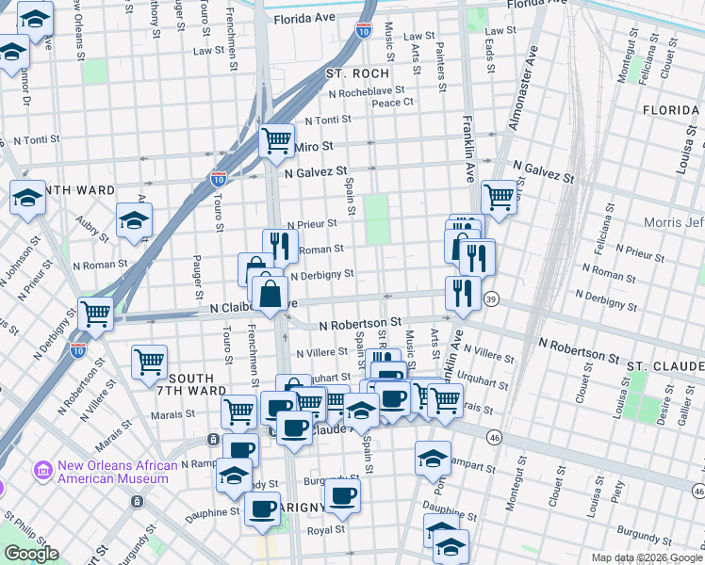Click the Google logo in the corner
tap(30, 554)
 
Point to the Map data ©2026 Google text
tap(646, 557)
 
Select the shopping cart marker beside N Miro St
tap(276, 141)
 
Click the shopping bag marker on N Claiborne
tap(270, 292)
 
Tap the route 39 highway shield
tap(491, 299)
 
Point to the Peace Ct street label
tap(393, 102)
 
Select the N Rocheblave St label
tap(366, 92)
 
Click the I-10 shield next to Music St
tap(364, 31)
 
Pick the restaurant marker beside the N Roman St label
tap(280, 246)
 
